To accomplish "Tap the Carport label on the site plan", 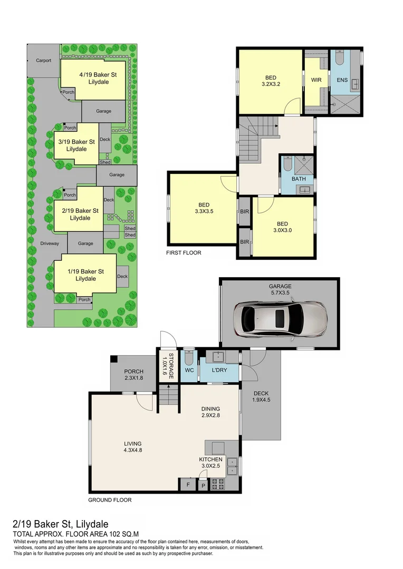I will (x=44, y=61).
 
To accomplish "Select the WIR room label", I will (x=316, y=80).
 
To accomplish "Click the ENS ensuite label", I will (x=342, y=80).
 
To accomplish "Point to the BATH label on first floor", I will (x=299, y=179).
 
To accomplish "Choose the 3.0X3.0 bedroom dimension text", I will (x=282, y=230).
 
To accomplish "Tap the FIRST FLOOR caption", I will (x=184, y=253).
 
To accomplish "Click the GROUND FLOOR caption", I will (x=110, y=500).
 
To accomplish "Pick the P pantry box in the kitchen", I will (x=203, y=485).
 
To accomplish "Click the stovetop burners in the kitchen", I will (x=218, y=484).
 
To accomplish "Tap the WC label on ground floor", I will (x=189, y=370).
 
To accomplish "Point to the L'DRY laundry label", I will (x=219, y=370).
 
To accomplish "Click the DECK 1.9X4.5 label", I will (x=262, y=396).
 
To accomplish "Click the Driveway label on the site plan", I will (x=53, y=243).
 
